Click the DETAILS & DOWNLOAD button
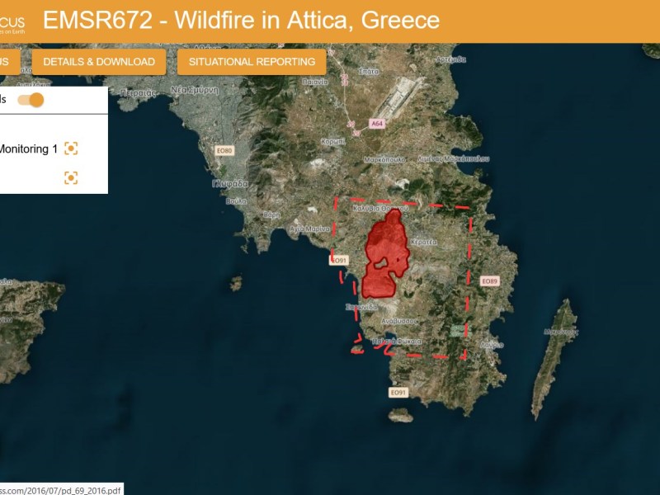[99, 62]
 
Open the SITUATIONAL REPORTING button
[252, 62]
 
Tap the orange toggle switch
[31, 100]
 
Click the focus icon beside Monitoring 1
[71, 148]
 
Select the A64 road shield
[377, 124]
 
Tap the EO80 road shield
[224, 151]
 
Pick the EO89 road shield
[489, 281]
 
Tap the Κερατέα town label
[423, 242]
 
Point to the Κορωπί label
[332, 141]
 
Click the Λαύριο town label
[492, 345]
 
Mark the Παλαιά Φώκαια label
[397, 341]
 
